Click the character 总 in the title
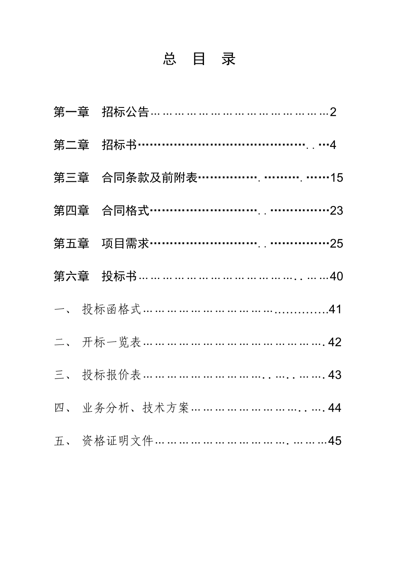coord(169,59)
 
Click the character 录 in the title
coord(229,59)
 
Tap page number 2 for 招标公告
coord(333,112)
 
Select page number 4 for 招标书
coord(333,145)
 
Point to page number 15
coord(336,178)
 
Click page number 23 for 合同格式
coord(336,210)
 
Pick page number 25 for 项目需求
coord(336,243)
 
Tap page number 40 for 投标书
coord(336,276)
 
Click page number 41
coord(336,309)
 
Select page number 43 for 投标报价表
coord(335,375)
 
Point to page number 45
coord(335,441)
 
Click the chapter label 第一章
coord(71,112)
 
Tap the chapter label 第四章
coord(71,210)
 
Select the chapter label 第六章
coord(71,276)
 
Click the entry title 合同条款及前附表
coord(149,178)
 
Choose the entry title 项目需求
coord(125,243)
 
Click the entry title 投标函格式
coord(111,309)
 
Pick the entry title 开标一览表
coord(111,342)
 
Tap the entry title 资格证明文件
coord(118,441)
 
